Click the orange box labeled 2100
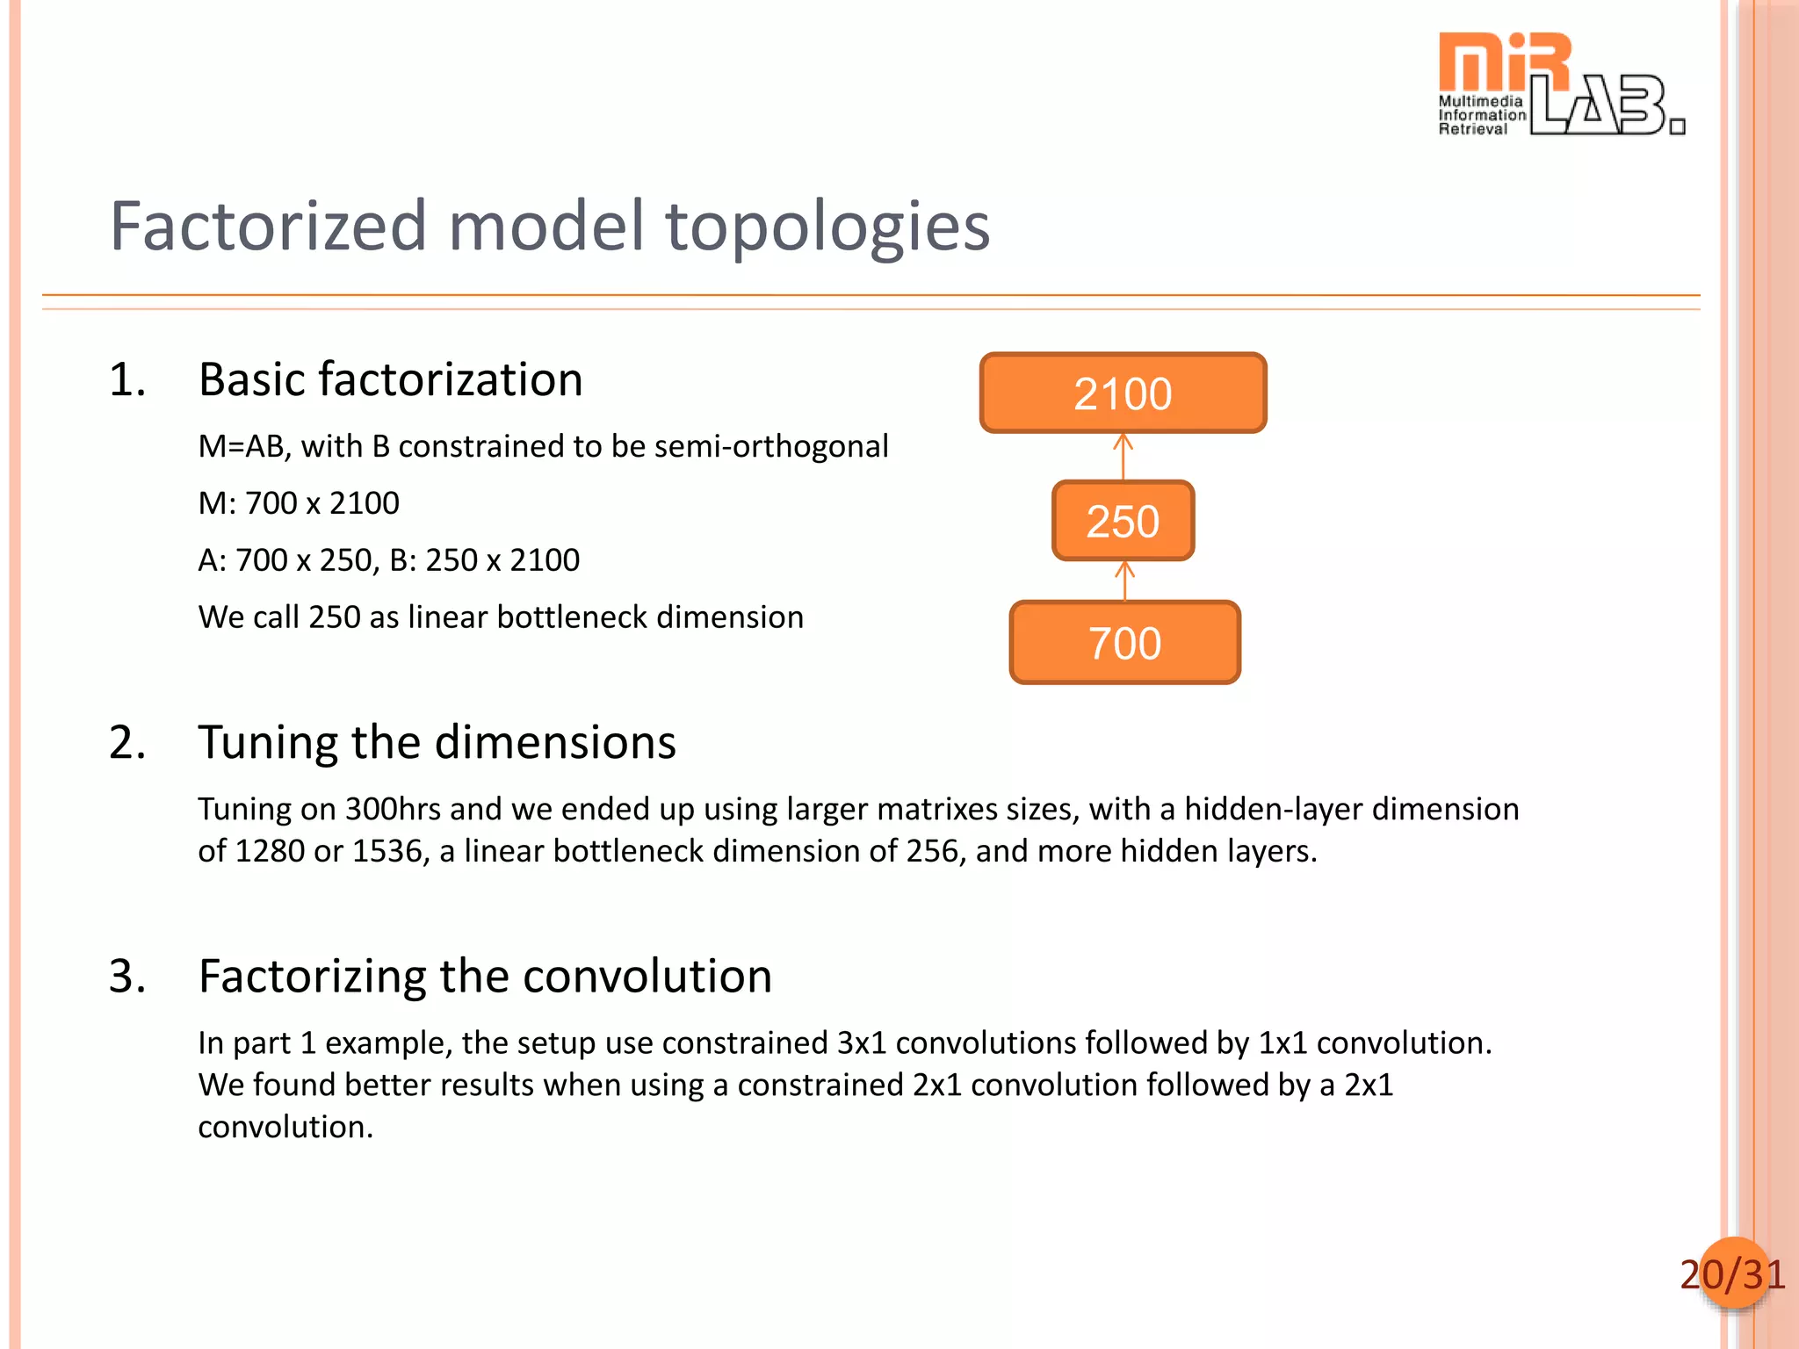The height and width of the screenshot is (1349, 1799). [x=1123, y=393]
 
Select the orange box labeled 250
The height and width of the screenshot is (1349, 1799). [x=1123, y=521]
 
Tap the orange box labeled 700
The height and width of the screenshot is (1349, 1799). [x=1124, y=643]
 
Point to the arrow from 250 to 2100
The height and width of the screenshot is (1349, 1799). [x=1123, y=456]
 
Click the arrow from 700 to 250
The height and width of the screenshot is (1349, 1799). [x=1124, y=581]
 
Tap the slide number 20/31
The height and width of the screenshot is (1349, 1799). [x=1732, y=1274]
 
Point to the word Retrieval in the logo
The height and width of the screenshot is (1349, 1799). [x=1472, y=129]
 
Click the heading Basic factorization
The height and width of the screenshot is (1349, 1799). [x=391, y=379]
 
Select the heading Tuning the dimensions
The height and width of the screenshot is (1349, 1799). [x=437, y=742]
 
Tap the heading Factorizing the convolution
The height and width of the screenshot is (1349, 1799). [x=485, y=976]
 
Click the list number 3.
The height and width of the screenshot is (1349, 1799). [x=126, y=976]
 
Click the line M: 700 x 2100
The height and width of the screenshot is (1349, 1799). [x=299, y=503]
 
